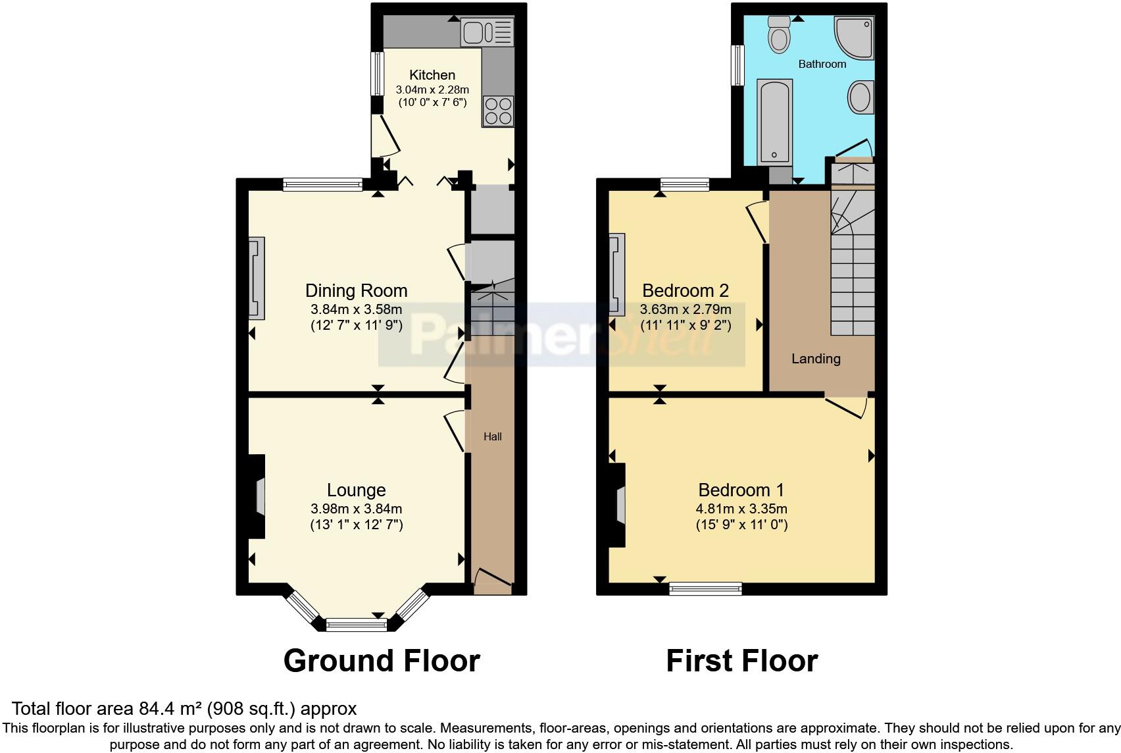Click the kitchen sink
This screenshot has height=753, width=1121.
coord(487,32)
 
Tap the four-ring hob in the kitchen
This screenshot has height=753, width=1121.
coord(497,111)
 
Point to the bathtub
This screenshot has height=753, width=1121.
coord(774,122)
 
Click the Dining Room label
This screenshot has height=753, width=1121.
coord(356,290)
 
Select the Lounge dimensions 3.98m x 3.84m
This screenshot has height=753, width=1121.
coord(356,508)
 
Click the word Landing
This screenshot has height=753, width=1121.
coord(816,359)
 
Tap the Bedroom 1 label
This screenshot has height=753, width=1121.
coord(741,490)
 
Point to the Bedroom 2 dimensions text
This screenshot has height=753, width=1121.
coord(685,309)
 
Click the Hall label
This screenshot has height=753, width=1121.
coord(493,436)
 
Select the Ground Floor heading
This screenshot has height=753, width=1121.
coord(382,660)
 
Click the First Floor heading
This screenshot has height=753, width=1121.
coord(741,660)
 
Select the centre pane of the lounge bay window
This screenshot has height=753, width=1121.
coord(356,623)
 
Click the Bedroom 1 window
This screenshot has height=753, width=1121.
coord(705,588)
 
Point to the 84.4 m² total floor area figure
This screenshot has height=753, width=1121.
coord(171,709)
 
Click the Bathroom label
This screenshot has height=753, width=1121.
coord(822,64)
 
